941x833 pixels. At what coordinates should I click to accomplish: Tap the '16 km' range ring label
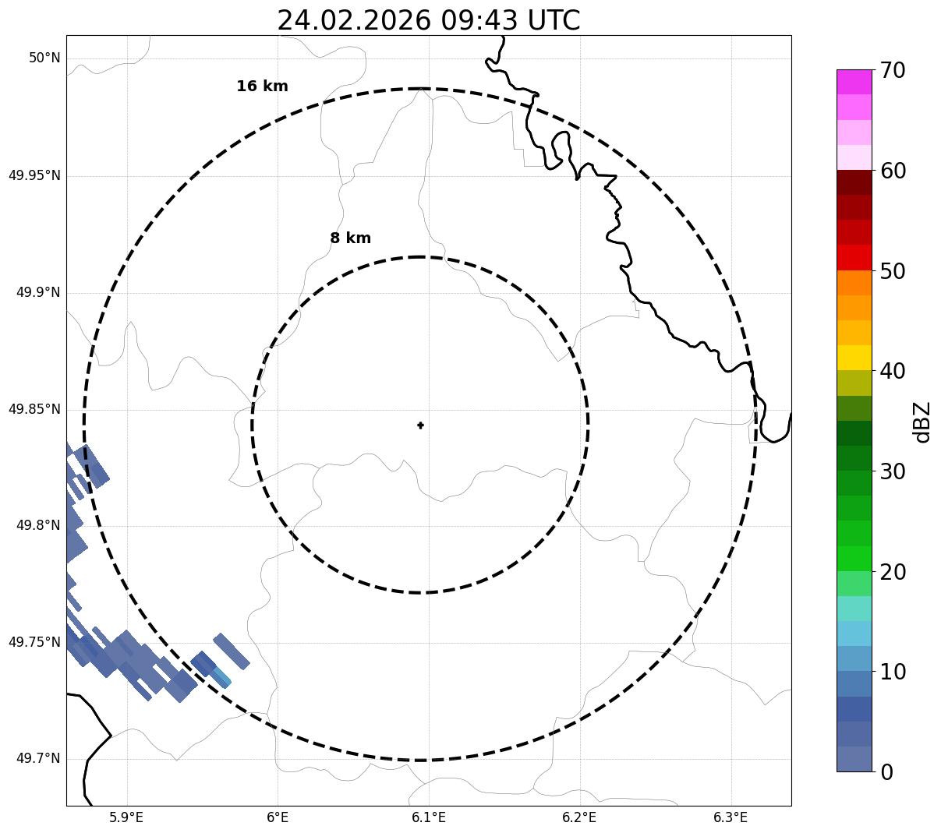(262, 86)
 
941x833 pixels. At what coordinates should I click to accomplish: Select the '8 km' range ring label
(350, 238)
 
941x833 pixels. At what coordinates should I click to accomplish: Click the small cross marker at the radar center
(420, 425)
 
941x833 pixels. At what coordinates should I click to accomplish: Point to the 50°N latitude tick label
(44, 58)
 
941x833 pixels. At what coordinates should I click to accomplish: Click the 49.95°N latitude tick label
(34, 175)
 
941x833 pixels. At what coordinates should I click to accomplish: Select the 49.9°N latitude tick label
(38, 292)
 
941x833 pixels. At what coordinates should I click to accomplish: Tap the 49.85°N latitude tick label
(34, 409)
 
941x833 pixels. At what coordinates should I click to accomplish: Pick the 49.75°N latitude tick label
(34, 642)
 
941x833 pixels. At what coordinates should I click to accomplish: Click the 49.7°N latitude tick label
(38, 759)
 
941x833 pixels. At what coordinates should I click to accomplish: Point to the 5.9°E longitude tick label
(126, 817)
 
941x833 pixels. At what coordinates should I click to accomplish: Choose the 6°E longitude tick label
(278, 817)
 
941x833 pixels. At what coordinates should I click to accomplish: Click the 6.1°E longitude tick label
(429, 817)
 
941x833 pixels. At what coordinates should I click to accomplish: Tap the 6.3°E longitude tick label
(731, 817)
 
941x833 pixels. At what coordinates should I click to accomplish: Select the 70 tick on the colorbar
(893, 71)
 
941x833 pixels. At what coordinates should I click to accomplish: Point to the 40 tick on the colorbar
(893, 372)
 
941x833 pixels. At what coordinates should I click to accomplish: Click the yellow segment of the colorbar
(854, 358)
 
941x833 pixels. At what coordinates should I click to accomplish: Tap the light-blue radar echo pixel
(221, 676)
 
